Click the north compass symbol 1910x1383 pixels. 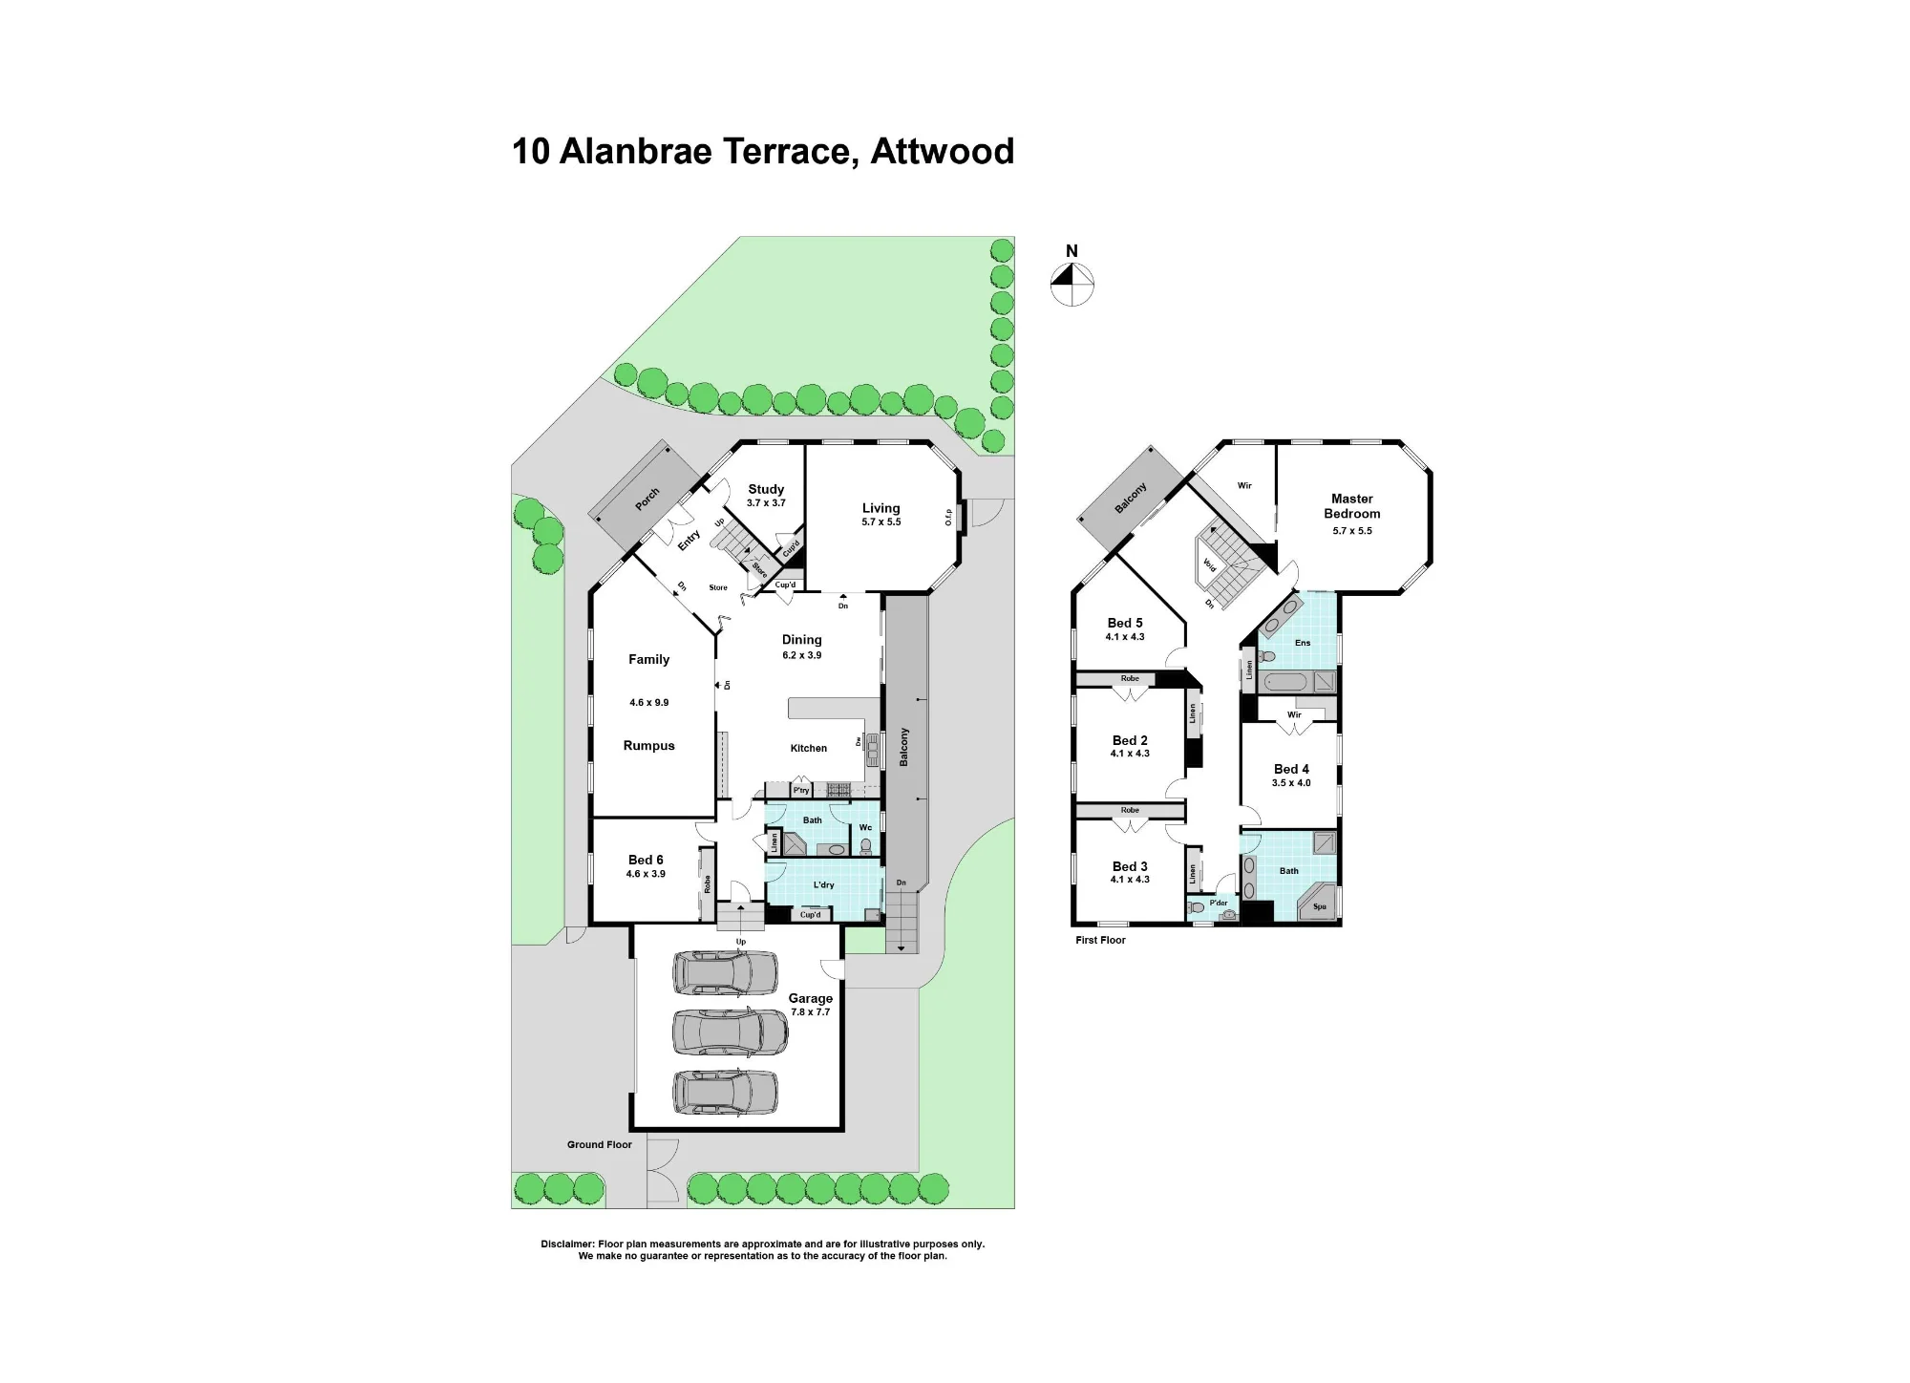1072,285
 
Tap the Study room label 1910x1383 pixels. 766,489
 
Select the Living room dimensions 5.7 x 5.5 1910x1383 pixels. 881,522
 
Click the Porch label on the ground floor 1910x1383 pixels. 647,499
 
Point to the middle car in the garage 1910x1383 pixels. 731,1032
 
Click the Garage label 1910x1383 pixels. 811,998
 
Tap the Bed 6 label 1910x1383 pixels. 646,860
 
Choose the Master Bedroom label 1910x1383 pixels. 1352,505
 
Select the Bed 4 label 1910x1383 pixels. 1291,769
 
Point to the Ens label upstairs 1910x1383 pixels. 1303,643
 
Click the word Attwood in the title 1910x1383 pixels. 942,152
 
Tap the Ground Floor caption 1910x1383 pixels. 600,1144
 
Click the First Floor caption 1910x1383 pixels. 1100,940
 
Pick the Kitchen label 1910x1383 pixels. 809,748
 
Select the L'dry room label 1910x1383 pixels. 823,884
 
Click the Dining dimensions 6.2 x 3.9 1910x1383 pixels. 801,655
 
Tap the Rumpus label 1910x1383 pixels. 649,746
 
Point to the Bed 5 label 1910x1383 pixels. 1125,623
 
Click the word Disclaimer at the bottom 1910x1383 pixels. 567,1244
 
